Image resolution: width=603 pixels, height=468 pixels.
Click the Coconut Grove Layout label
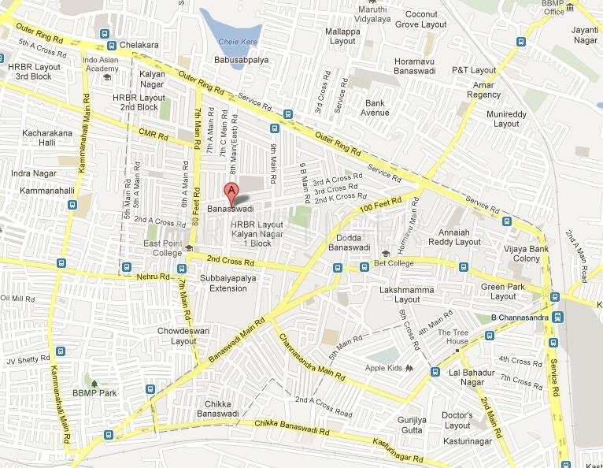[420, 20]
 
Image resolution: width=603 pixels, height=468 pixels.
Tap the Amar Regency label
[483, 89]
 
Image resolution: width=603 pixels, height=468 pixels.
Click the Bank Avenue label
[375, 108]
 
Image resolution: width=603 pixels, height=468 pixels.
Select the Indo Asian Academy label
[101, 65]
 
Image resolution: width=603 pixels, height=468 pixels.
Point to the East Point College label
[162, 248]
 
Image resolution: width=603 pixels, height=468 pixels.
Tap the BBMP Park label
[94, 392]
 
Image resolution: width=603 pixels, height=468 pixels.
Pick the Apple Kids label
[383, 368]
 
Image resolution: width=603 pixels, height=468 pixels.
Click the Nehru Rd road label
[154, 277]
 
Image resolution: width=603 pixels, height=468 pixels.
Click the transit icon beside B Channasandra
[557, 317]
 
